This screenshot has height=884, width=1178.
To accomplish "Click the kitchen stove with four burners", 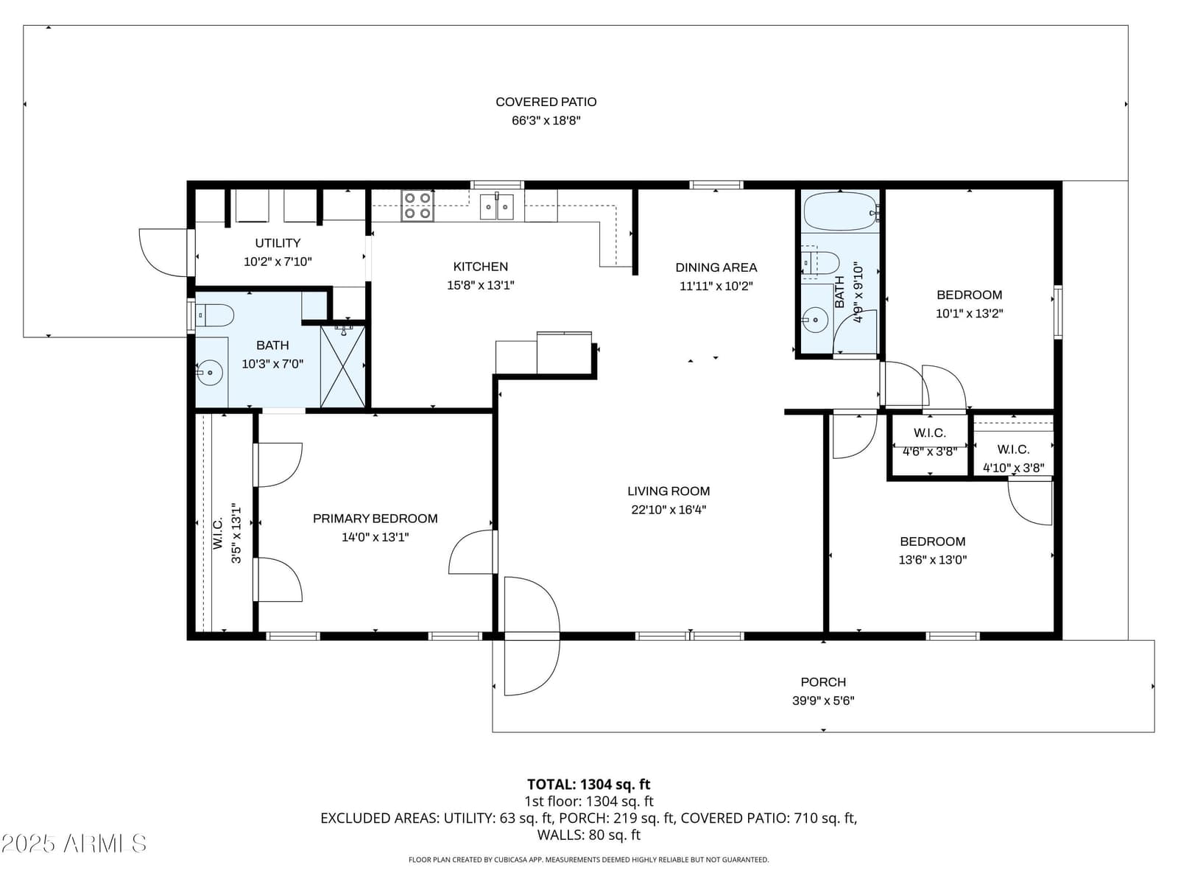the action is click(x=417, y=206).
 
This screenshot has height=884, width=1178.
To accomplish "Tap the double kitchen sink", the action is click(x=496, y=207).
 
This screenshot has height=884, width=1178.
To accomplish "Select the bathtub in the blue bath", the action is click(x=841, y=211).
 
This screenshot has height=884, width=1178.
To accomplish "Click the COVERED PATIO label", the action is click(x=546, y=102).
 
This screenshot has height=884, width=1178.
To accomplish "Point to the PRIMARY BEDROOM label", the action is click(x=375, y=519).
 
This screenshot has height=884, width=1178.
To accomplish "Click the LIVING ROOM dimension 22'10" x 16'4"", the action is click(x=669, y=509).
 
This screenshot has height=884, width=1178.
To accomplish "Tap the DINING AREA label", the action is click(x=716, y=267).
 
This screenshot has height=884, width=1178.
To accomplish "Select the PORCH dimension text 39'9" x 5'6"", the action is click(x=822, y=701).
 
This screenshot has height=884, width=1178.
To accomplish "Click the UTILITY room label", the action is click(x=278, y=242).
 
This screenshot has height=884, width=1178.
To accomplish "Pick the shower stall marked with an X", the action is click(x=342, y=366).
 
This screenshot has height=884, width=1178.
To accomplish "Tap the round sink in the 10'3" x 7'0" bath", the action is click(x=209, y=372).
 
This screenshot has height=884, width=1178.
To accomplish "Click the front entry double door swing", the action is click(x=532, y=636).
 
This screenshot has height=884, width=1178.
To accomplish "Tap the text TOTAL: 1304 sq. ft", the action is click(x=589, y=785).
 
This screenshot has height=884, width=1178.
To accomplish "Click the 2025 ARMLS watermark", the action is click(x=74, y=843).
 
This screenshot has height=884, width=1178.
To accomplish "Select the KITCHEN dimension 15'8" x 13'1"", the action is click(x=480, y=285).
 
